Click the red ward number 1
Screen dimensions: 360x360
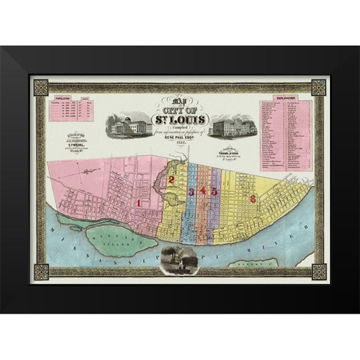coord(139,202)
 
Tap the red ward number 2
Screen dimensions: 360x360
coord(172,180)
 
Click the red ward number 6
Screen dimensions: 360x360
coord(253,199)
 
